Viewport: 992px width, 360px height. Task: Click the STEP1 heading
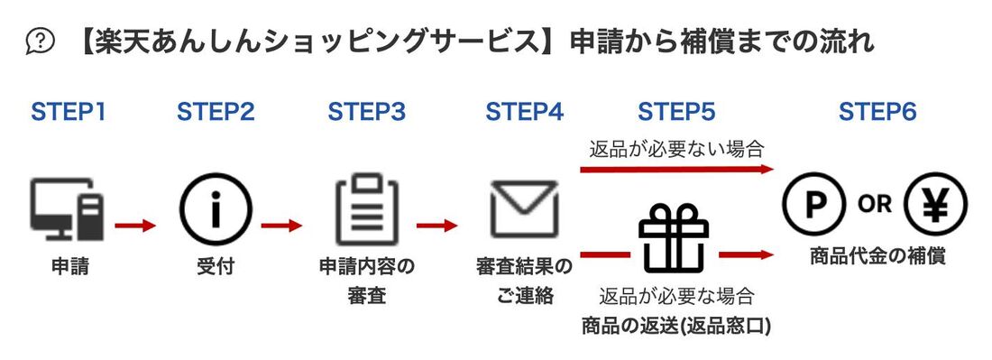tap(69, 112)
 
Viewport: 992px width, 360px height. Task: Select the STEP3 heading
tap(366, 112)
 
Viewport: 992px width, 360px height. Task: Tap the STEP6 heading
tap(877, 112)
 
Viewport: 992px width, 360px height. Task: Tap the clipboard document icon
tap(366, 213)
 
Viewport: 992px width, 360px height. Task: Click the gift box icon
tap(674, 238)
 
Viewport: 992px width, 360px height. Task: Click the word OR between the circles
tap(874, 205)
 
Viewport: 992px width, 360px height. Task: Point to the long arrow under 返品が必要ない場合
tap(676, 169)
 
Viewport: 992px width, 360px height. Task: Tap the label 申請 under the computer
tap(69, 267)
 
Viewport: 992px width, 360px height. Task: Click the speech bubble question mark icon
tap(41, 41)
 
